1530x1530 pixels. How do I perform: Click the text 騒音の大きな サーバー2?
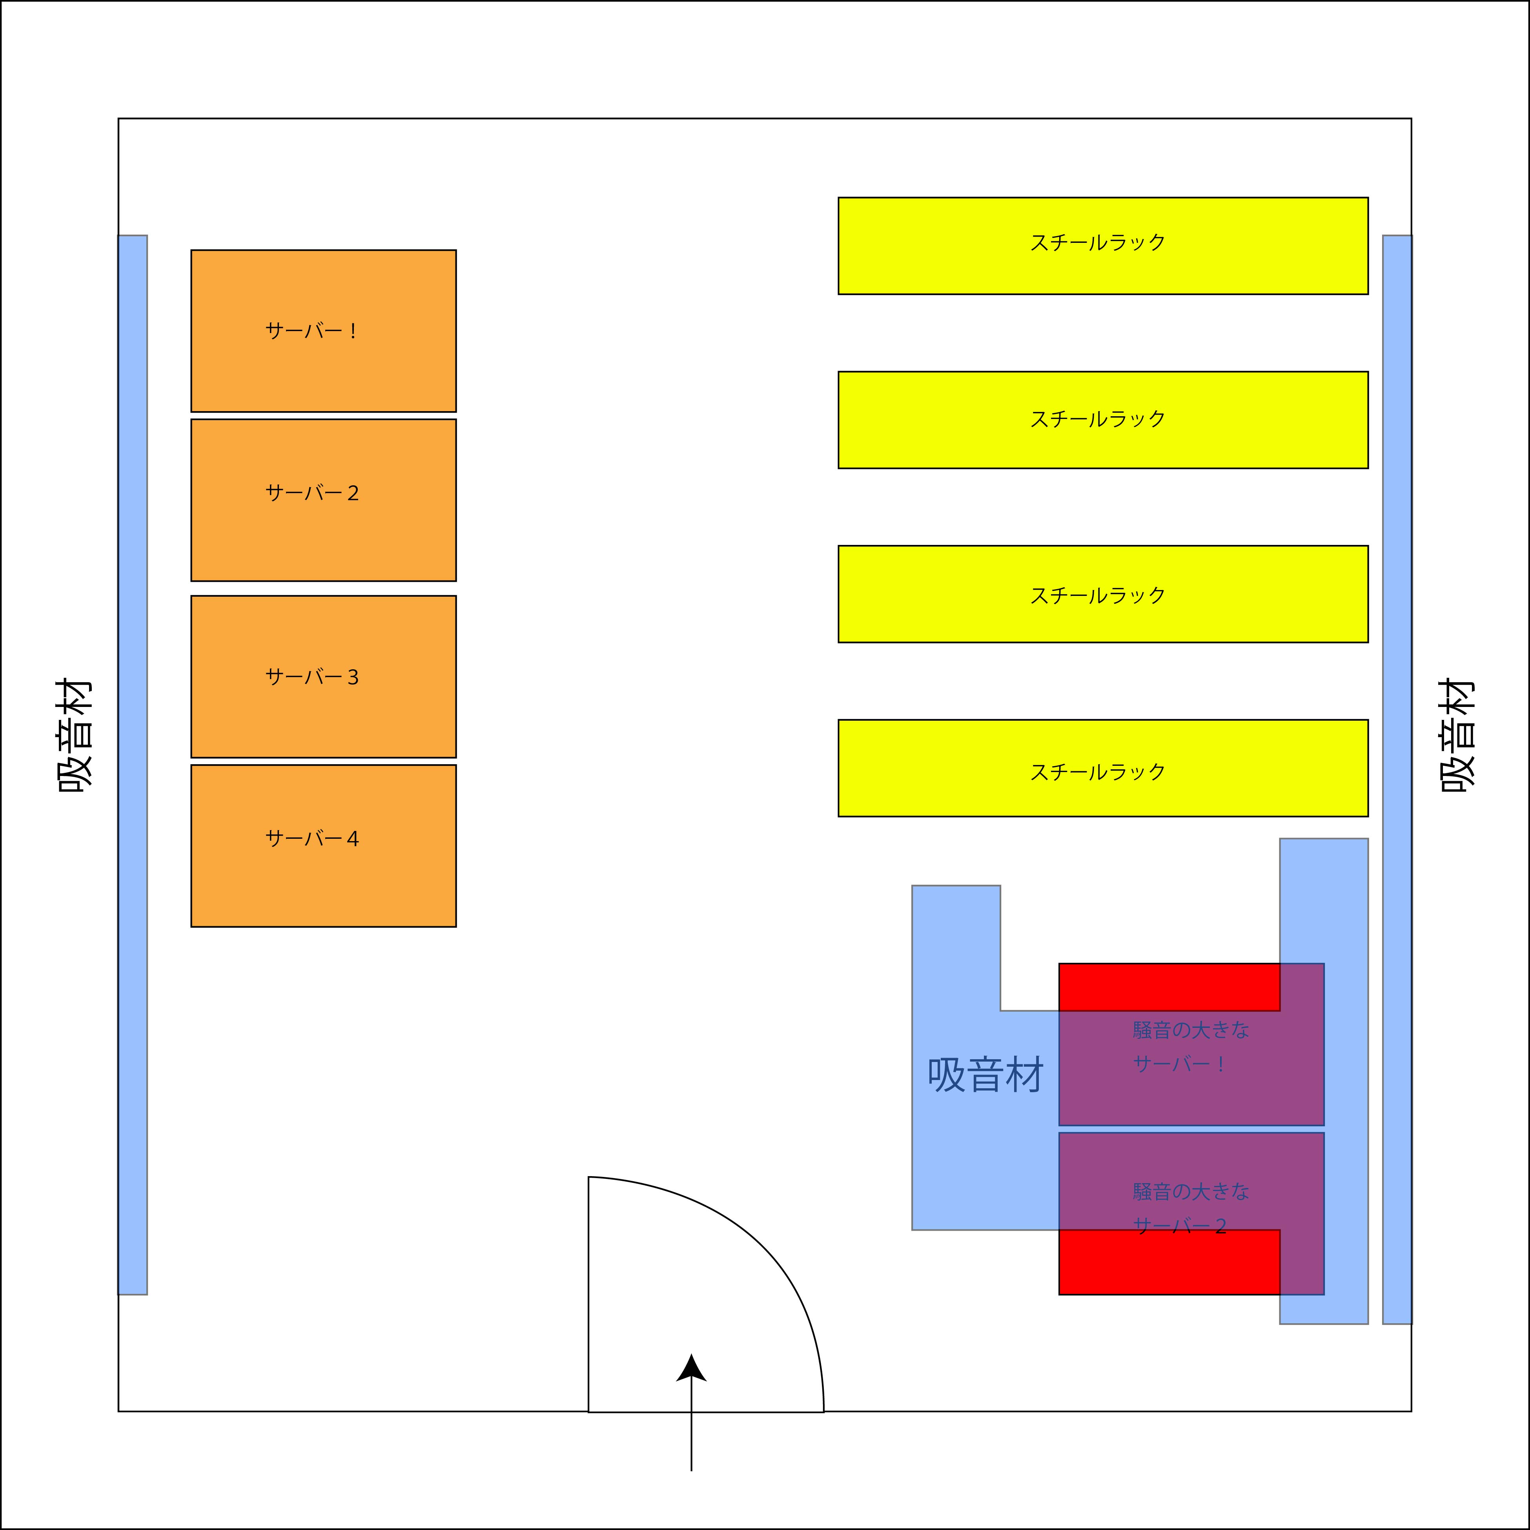pyautogui.click(x=1190, y=1208)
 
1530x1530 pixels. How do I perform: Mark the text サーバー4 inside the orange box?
pyautogui.click(x=312, y=839)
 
